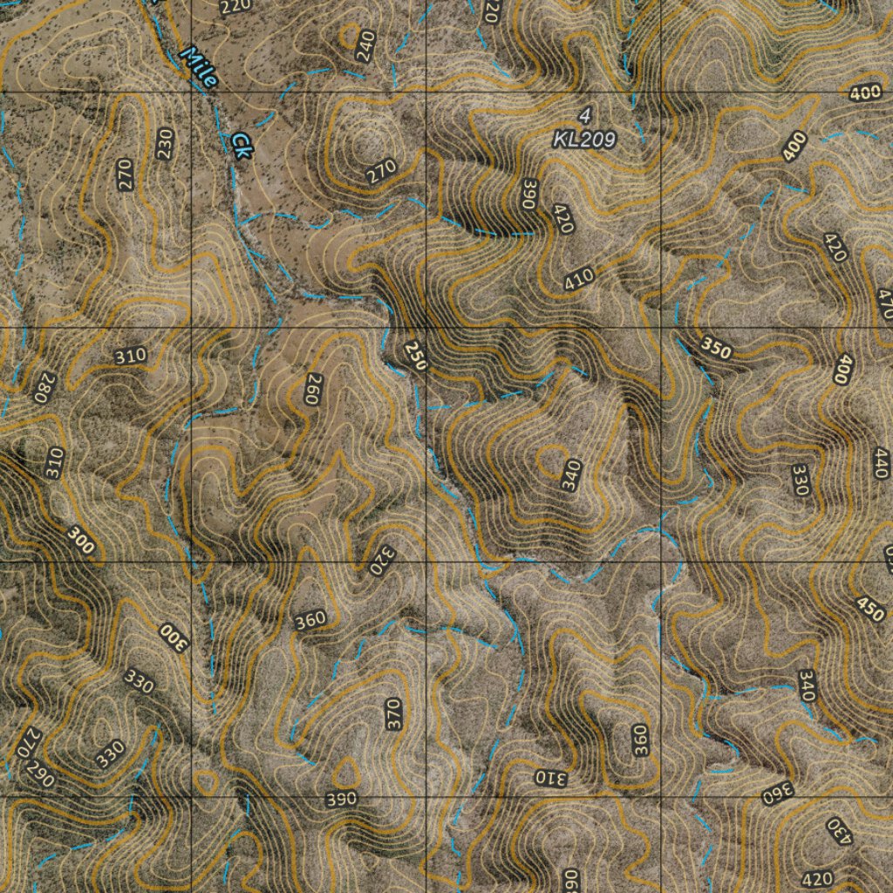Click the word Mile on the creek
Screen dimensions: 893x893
pyautogui.click(x=199, y=66)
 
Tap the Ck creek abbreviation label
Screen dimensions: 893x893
pyautogui.click(x=241, y=145)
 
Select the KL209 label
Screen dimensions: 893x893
pyautogui.click(x=584, y=139)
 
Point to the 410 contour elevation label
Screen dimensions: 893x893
pyautogui.click(x=578, y=278)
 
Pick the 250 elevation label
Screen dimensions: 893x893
pyautogui.click(x=415, y=356)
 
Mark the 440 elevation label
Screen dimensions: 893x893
pyautogui.click(x=881, y=463)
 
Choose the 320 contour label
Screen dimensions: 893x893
pyautogui.click(x=383, y=560)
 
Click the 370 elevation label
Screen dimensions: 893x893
pyautogui.click(x=393, y=713)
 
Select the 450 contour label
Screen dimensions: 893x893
pyautogui.click(x=870, y=609)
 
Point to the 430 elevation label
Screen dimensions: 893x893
pyautogui.click(x=838, y=831)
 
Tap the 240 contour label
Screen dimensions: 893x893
pyautogui.click(x=365, y=45)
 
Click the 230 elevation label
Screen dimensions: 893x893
pyautogui.click(x=165, y=143)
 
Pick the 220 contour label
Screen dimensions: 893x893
pyautogui.click(x=235, y=9)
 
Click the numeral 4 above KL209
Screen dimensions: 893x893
pyautogui.click(x=584, y=115)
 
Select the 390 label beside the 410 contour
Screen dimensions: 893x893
pyautogui.click(x=528, y=194)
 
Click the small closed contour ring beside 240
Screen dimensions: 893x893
pyautogui.click(x=350, y=36)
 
